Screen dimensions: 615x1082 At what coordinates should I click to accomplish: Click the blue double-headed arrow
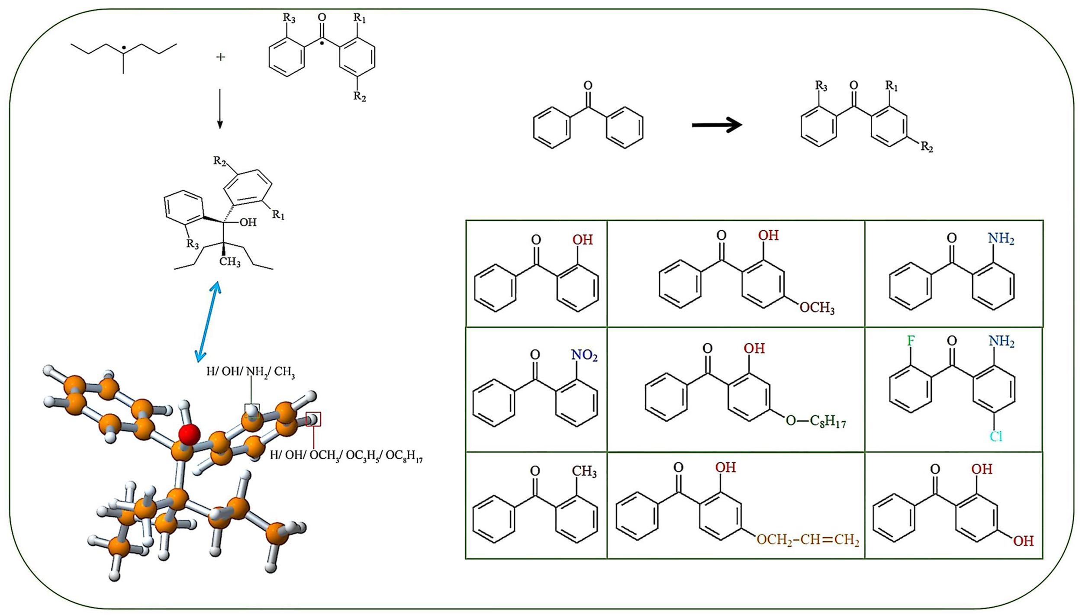(x=208, y=322)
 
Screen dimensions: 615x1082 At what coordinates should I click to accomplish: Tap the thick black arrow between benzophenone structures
(x=717, y=125)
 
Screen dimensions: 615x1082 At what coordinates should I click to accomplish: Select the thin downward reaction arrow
(x=220, y=109)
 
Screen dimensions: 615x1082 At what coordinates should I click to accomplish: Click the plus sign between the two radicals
(x=220, y=57)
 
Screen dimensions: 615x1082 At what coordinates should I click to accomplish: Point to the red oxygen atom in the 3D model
(x=190, y=434)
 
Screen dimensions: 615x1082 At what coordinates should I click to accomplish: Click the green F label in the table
(x=911, y=341)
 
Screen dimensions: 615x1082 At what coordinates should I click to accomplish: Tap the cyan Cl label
(x=996, y=436)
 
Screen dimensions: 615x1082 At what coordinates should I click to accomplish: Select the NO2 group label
(x=584, y=355)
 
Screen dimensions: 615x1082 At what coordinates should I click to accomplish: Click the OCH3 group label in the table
(x=817, y=308)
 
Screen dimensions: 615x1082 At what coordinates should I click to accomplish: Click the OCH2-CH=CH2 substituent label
(x=808, y=540)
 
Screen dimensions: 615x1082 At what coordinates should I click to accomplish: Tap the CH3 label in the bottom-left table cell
(x=584, y=471)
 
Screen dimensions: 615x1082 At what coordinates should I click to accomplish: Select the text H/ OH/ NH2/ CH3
(x=251, y=372)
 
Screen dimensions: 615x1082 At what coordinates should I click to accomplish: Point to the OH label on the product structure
(x=248, y=222)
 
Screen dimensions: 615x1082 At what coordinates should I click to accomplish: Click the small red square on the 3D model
(x=313, y=419)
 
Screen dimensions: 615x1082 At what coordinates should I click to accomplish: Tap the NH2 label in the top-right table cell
(x=1001, y=238)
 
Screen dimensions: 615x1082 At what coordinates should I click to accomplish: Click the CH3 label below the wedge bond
(x=230, y=262)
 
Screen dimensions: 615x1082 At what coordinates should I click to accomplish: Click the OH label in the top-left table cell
(x=583, y=240)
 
